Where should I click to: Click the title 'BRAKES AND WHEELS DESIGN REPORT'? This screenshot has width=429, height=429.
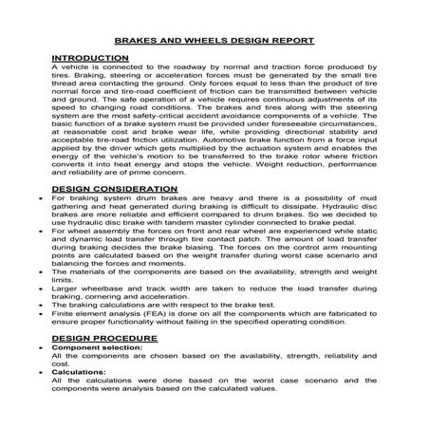(214, 43)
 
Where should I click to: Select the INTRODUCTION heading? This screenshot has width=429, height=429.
(83, 59)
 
